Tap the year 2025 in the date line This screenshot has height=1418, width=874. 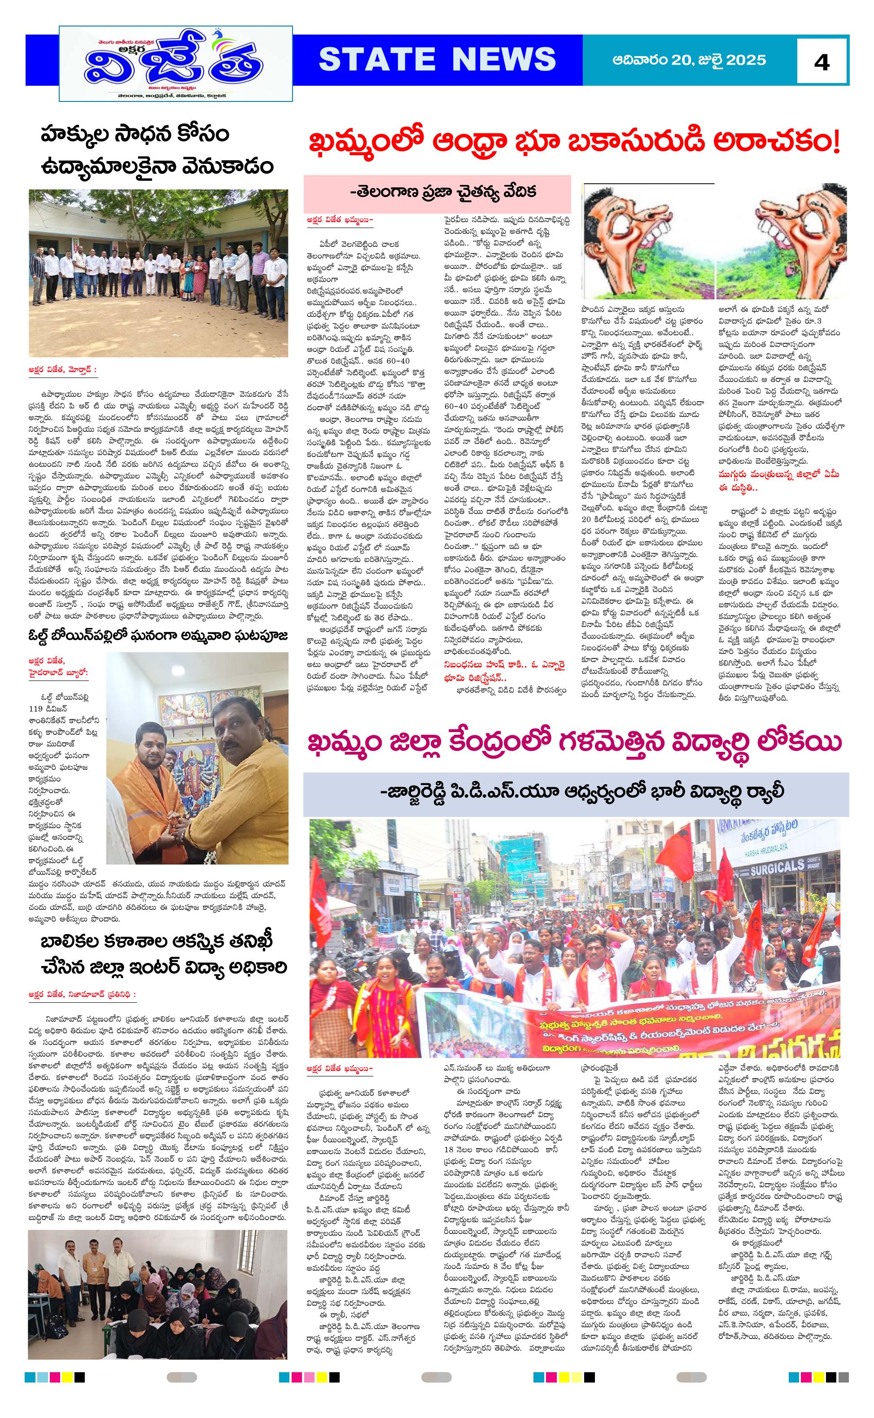click(x=746, y=60)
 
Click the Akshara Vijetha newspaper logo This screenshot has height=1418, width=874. click(x=176, y=64)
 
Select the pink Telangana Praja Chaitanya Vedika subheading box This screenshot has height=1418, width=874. click(x=437, y=193)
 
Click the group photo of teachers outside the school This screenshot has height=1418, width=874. click(x=158, y=272)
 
